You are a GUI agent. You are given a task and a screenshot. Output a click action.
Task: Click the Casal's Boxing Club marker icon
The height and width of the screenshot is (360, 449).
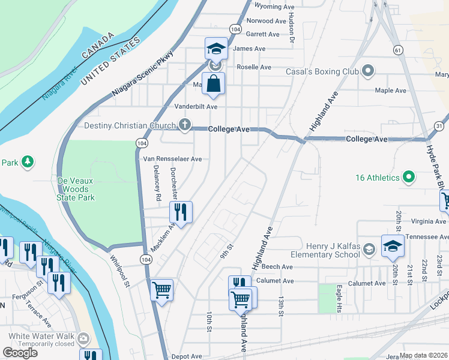click(x=369, y=71)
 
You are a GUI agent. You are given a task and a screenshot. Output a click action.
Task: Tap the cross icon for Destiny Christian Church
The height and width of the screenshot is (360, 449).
click(x=185, y=125)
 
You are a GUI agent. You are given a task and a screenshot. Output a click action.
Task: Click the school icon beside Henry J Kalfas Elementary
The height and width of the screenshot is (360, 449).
click(x=393, y=247)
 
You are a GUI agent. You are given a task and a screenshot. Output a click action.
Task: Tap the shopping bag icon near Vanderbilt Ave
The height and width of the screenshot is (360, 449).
click(x=213, y=84)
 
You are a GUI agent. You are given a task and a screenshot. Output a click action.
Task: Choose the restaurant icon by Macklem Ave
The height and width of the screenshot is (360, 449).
click(x=180, y=212)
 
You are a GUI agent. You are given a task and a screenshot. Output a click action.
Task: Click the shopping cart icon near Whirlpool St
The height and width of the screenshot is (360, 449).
click(x=162, y=290)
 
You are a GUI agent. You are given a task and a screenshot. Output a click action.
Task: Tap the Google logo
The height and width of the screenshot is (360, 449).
click(x=20, y=353)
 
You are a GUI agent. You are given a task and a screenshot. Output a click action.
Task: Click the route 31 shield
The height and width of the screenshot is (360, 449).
click(x=439, y=125)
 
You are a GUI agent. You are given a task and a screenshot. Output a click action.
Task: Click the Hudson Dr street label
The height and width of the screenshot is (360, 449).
click(x=292, y=30)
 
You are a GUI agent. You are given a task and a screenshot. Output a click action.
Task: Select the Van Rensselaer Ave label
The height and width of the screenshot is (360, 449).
click(x=172, y=159)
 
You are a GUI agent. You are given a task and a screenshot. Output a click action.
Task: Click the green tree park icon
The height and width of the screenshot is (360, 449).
click(x=27, y=162)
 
